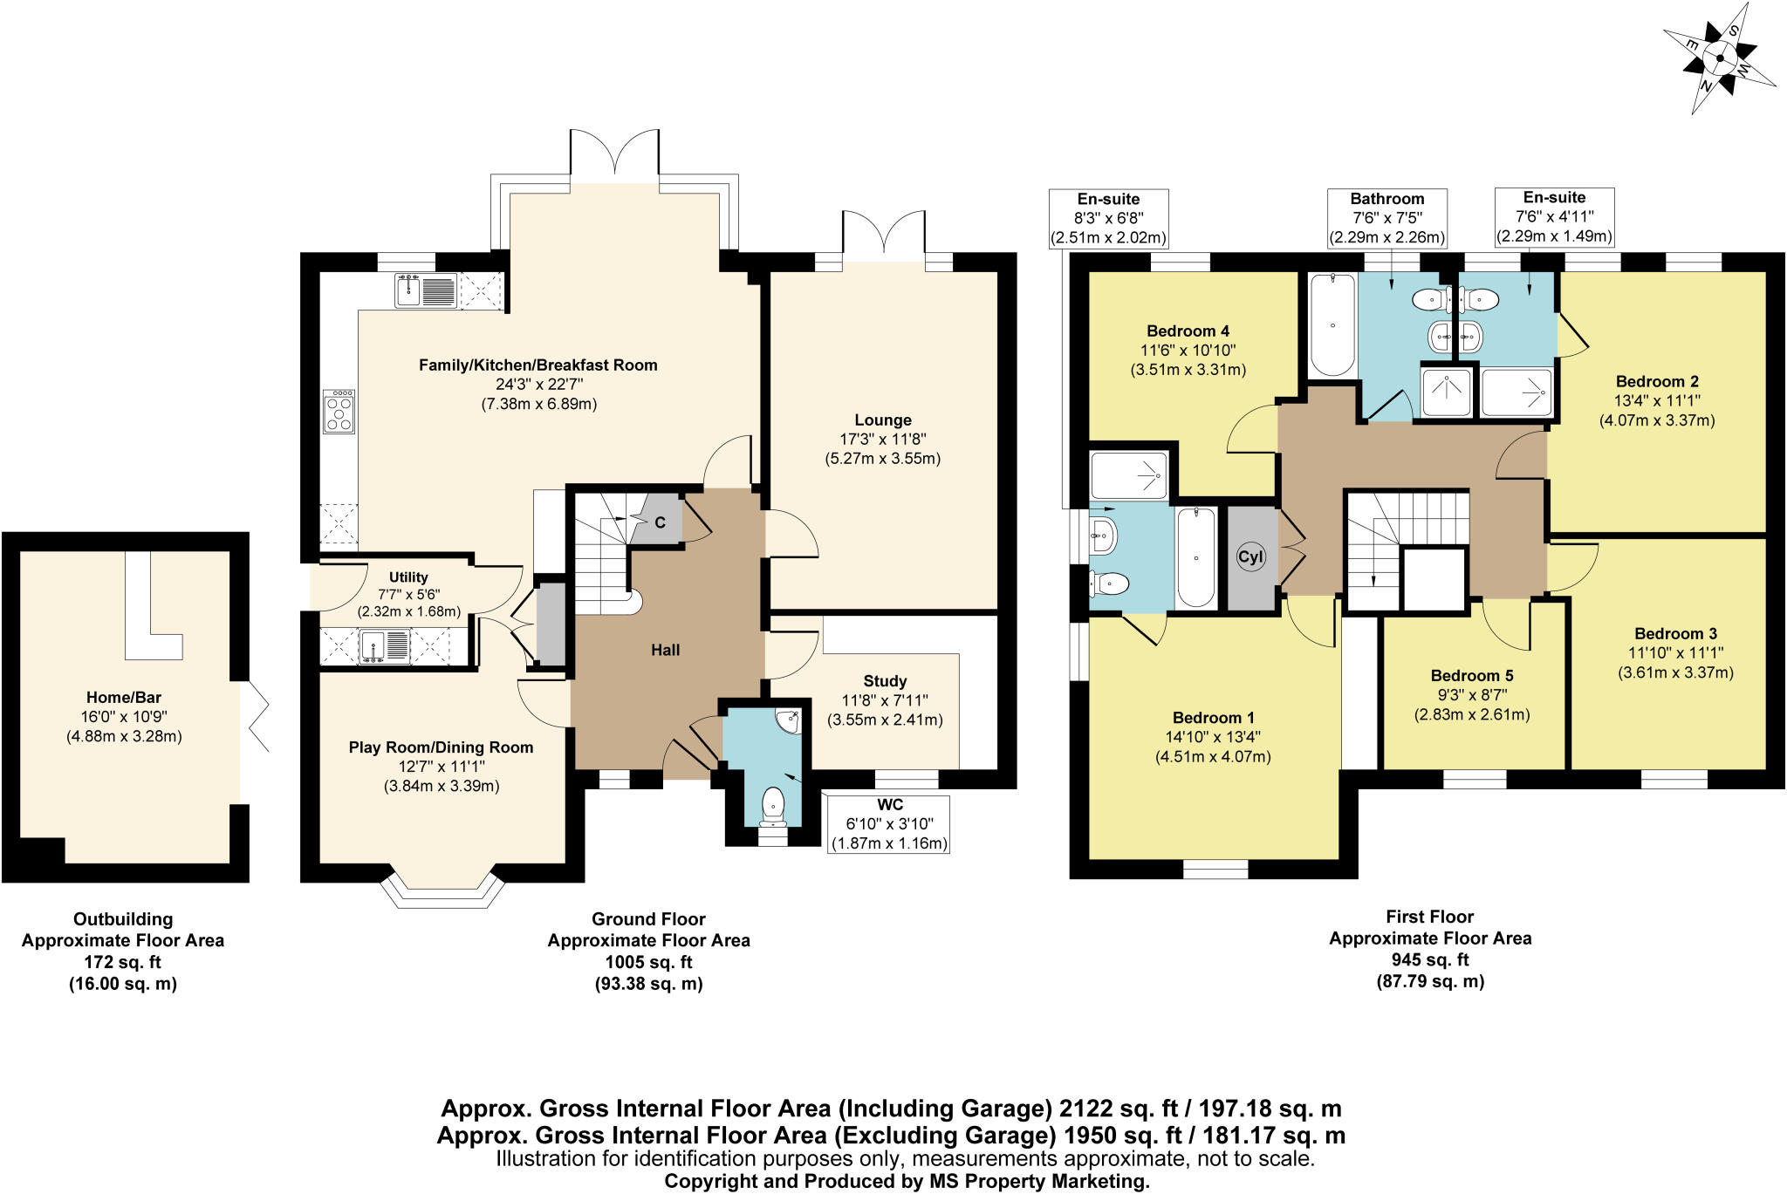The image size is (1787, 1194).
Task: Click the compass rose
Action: tap(1717, 60)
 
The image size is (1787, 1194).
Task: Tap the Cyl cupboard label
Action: tap(1250, 557)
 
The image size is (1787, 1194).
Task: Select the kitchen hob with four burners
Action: tap(339, 413)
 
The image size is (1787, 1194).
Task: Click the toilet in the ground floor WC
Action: tap(773, 804)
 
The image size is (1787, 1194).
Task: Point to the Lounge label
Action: tap(882, 420)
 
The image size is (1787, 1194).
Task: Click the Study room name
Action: tap(885, 681)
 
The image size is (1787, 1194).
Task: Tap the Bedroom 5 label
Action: tap(1471, 676)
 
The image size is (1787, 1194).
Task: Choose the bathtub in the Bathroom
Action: tap(1332, 324)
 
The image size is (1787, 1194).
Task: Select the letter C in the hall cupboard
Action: tap(660, 522)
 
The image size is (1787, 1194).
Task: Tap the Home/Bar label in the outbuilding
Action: tap(123, 697)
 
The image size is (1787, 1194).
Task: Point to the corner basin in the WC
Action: tap(790, 722)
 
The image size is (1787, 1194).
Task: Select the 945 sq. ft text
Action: tap(1429, 959)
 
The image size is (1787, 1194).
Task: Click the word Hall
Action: tap(665, 650)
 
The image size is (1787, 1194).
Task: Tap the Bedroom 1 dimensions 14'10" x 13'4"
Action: tap(1213, 737)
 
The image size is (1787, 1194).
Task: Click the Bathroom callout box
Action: tap(1386, 218)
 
